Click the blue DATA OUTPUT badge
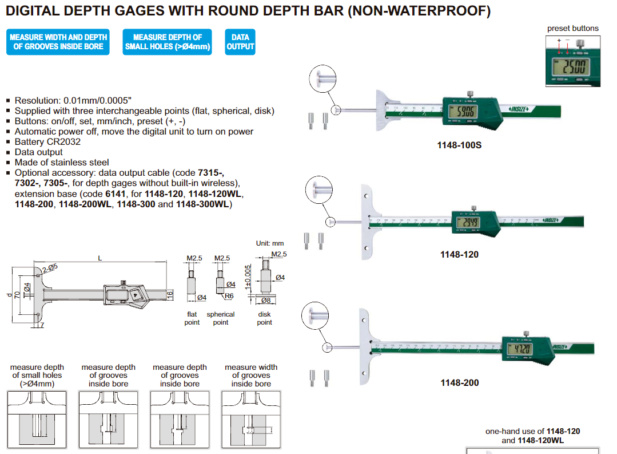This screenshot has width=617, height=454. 240,42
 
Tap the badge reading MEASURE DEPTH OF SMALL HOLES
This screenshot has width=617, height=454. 167,42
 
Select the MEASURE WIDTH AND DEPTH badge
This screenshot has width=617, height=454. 58,42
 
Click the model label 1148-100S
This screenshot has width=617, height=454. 459,145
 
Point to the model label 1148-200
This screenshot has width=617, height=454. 460,382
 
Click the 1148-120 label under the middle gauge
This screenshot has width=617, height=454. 459,254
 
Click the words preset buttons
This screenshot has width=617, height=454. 573,28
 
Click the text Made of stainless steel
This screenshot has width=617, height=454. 62,163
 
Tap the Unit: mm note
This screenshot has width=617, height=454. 270,243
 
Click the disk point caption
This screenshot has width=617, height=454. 264,318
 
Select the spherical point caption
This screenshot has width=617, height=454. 221,318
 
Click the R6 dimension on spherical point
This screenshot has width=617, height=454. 229,296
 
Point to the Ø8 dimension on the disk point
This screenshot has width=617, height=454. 265,300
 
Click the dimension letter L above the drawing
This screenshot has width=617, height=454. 100,259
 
